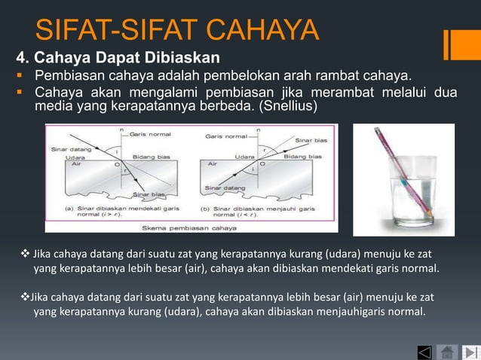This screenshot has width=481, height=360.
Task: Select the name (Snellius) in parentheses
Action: click(x=289, y=108)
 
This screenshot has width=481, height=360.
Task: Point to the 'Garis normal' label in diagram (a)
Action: click(x=150, y=135)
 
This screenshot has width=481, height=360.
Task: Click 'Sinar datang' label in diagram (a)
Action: click(x=66, y=149)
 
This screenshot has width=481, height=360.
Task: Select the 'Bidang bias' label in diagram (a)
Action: click(x=151, y=157)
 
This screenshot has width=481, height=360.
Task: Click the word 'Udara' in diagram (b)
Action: click(x=244, y=157)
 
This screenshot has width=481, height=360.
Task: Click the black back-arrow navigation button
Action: click(x=424, y=352)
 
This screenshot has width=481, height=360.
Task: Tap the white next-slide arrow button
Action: click(x=470, y=352)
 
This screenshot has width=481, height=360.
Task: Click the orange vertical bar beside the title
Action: click(x=451, y=43)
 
